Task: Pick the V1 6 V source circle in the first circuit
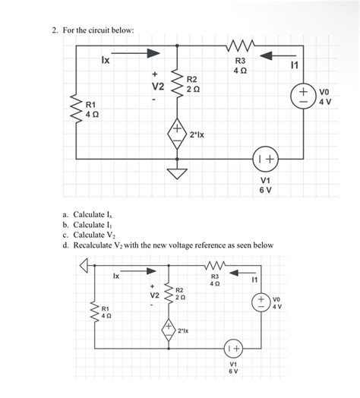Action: (x=266, y=160)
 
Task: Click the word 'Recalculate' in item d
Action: (x=97, y=245)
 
